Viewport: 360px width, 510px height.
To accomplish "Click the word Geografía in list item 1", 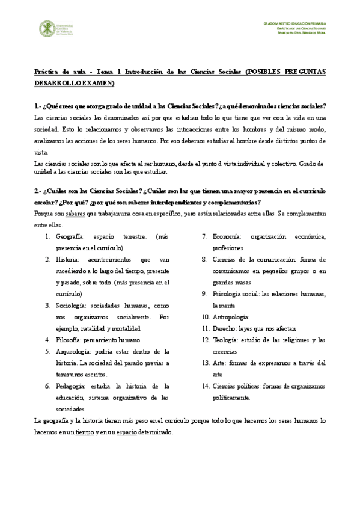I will (x=69, y=237).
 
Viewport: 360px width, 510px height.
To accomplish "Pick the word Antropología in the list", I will (x=231, y=317).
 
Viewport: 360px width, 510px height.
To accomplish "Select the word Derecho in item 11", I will (x=224, y=328).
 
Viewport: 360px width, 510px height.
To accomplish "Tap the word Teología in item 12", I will (x=225, y=340).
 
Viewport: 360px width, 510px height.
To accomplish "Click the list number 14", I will (x=205, y=386).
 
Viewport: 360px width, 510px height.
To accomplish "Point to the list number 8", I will (x=205, y=260).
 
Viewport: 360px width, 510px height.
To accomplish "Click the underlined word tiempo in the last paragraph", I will (x=85, y=432).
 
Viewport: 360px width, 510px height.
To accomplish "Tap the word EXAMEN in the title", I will (x=97, y=82).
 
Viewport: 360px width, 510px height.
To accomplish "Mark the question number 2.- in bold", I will (x=38, y=191).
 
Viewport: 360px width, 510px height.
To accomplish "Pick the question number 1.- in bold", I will (x=38, y=106).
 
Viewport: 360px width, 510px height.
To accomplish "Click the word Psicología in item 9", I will (x=227, y=294).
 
